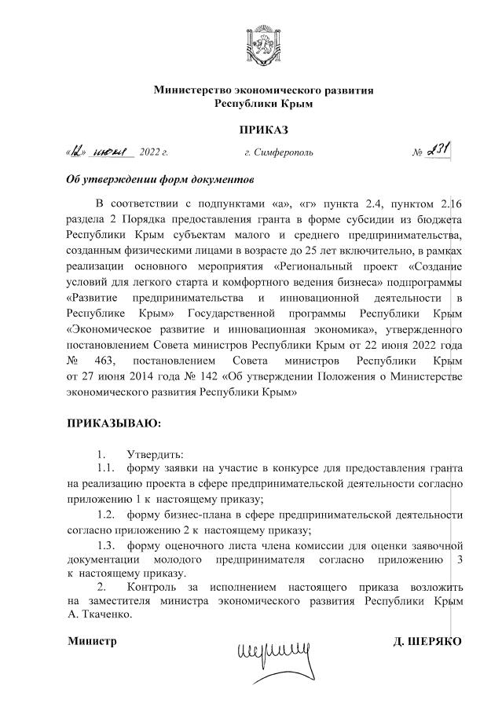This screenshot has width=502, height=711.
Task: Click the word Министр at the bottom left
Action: click(x=92, y=642)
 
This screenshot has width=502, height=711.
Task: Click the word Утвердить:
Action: click(x=156, y=455)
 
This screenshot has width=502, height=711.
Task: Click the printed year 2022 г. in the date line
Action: click(x=153, y=152)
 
